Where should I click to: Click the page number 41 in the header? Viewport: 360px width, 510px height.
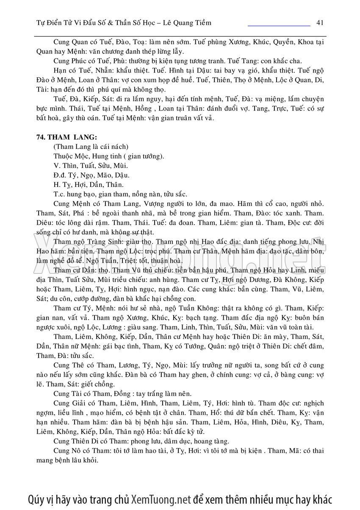[320, 22]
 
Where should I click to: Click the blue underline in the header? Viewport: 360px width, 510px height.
[279, 26]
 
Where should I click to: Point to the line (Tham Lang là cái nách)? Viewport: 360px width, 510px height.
[91, 147]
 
